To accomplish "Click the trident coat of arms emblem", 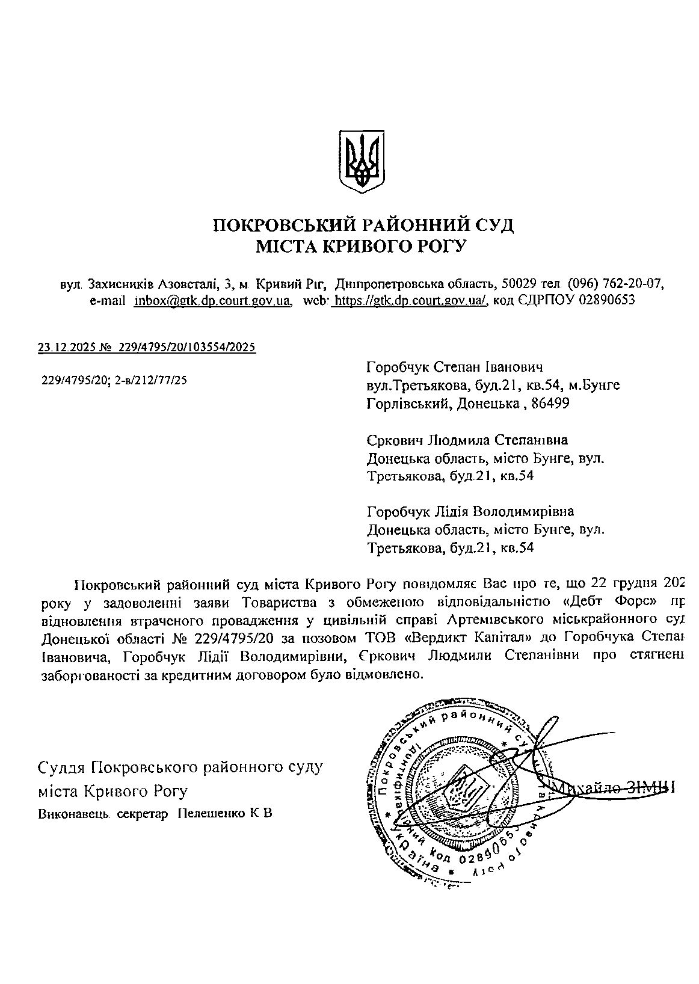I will click(361, 161).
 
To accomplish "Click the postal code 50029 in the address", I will click(516, 283).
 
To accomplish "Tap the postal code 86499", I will click(550, 403).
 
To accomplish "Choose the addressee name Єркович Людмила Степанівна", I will click(467, 440).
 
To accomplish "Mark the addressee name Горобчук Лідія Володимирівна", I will click(470, 512).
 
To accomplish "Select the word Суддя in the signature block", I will click(61, 767).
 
